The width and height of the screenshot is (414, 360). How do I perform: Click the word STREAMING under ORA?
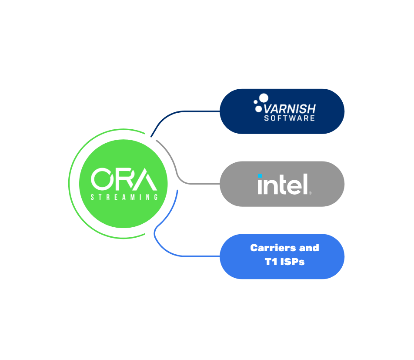[x=124, y=197]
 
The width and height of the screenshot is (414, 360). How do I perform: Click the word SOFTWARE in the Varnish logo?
[x=289, y=118]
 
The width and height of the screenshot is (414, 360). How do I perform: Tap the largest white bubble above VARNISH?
[x=264, y=98]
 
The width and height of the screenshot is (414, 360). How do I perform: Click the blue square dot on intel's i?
[x=260, y=176]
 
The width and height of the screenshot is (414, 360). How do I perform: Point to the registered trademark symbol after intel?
[x=310, y=192]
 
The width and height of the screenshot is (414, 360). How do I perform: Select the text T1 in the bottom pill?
[x=271, y=262]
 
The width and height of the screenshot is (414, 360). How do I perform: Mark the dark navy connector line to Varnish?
[x=183, y=112]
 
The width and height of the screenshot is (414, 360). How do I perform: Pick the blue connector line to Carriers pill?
[x=183, y=256]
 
